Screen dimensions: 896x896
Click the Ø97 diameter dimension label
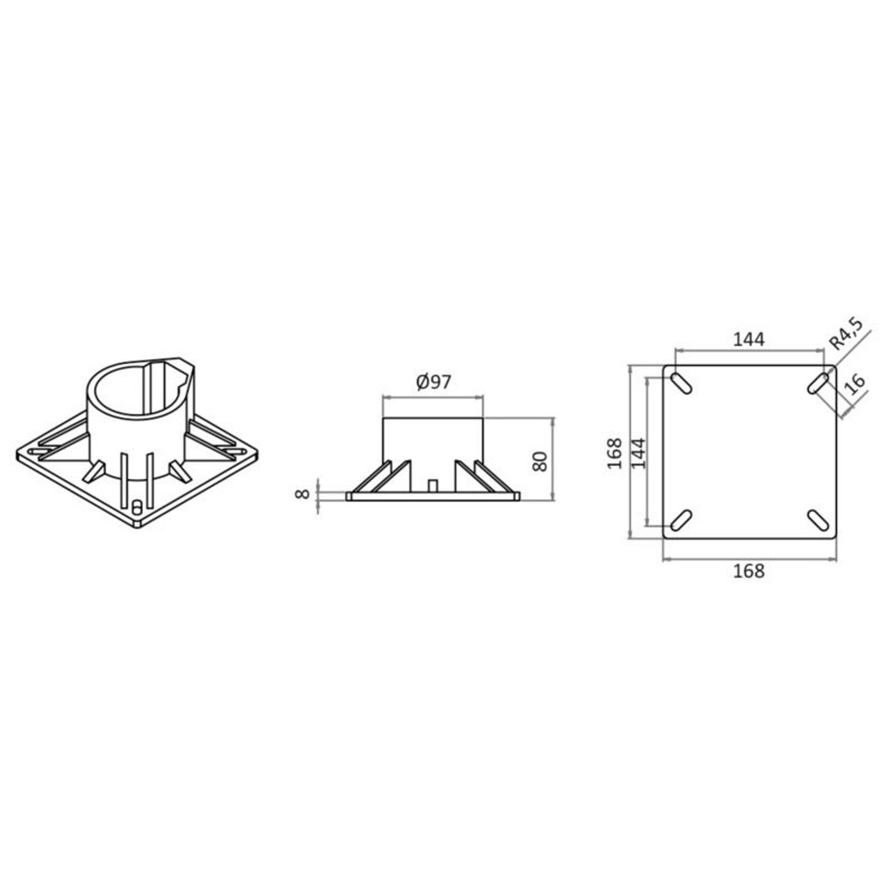(x=433, y=382)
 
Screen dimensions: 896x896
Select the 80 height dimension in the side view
(x=540, y=461)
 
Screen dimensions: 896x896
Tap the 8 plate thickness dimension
(x=303, y=494)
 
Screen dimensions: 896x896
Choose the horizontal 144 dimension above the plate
(x=749, y=340)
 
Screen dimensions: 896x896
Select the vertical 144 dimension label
(x=638, y=453)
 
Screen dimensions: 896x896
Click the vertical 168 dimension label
(x=614, y=453)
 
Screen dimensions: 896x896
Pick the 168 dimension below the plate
(x=749, y=571)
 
